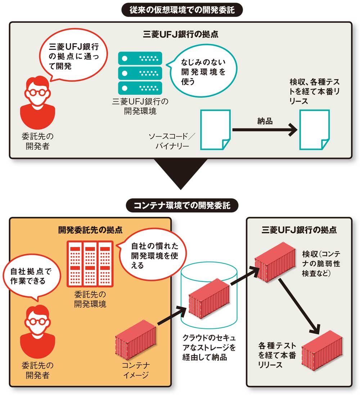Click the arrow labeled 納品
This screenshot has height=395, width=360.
click(x=265, y=130)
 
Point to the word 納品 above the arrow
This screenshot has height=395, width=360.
click(x=265, y=121)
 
